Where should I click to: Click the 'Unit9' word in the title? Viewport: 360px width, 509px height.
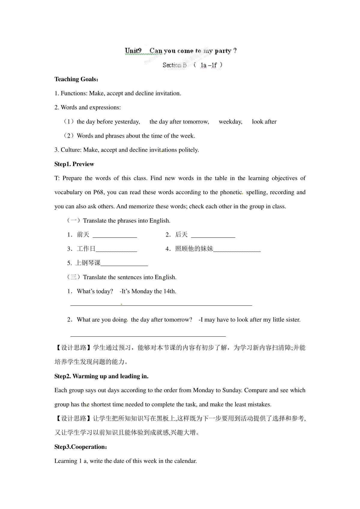point(133,51)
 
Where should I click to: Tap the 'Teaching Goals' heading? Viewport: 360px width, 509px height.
point(76,79)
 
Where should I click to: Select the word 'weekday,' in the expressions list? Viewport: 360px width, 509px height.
point(230,122)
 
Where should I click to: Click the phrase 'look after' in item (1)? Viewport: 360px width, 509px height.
point(264,122)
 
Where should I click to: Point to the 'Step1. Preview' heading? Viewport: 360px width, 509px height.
point(74,164)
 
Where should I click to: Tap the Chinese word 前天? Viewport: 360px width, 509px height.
point(83,235)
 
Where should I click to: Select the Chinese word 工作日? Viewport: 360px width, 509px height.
point(86,249)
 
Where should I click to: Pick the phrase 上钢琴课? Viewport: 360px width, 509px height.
point(88,263)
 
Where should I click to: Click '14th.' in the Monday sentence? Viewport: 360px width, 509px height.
point(170,291)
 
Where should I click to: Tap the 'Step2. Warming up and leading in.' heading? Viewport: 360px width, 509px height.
point(101,377)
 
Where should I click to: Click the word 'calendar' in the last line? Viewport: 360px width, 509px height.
point(186,461)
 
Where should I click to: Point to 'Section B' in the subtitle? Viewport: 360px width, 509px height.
point(175,65)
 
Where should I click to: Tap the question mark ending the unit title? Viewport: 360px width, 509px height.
point(235,51)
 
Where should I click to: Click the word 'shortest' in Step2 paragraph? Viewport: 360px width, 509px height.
point(102,405)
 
